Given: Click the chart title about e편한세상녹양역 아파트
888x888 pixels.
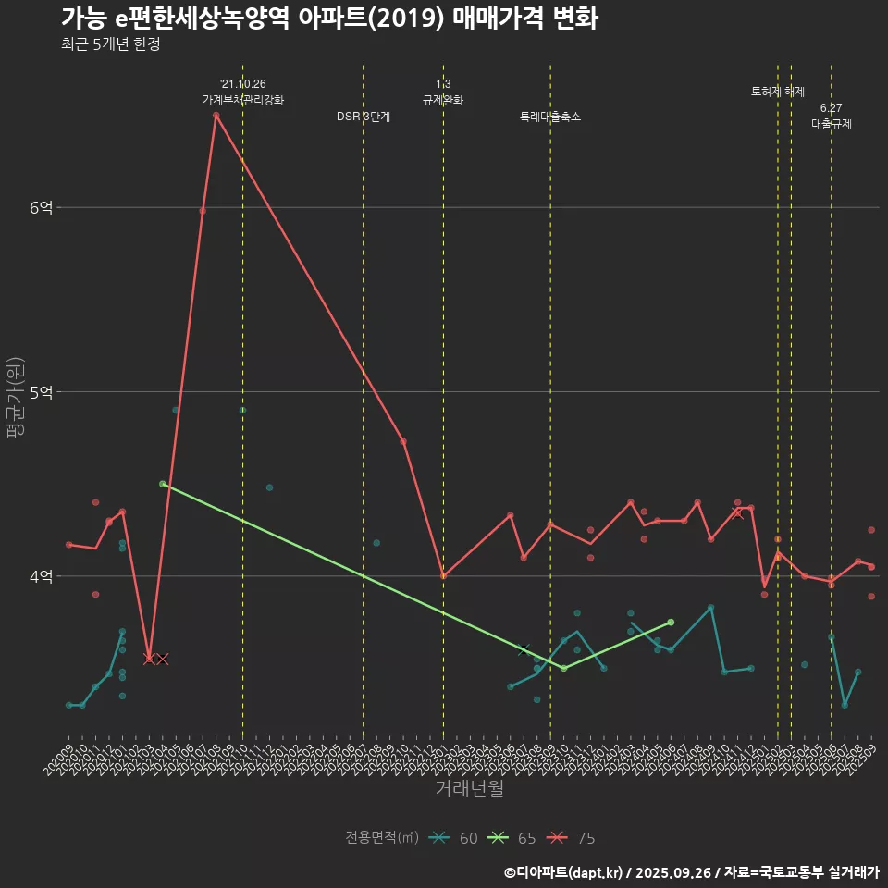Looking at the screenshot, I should (x=329, y=19).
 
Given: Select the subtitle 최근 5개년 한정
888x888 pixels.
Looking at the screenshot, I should (x=111, y=44).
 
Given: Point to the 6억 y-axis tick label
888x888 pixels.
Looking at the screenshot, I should (x=41, y=208).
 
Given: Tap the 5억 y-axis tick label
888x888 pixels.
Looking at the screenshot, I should (x=41, y=392).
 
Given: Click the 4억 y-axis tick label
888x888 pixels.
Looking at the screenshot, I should (x=41, y=576).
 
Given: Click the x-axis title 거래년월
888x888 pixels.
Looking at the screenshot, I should (x=470, y=789).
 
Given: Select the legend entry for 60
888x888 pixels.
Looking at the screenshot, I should (x=455, y=838).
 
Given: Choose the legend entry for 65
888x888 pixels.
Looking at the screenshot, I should (x=513, y=838).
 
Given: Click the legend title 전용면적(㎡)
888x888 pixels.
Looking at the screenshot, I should (x=382, y=838).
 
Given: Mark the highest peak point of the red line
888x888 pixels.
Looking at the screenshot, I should (x=216, y=116).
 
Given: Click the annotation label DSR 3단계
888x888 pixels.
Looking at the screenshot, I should (x=364, y=117).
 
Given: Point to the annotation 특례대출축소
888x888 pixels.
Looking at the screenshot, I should (x=550, y=117).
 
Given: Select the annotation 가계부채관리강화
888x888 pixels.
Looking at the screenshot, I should (x=243, y=100).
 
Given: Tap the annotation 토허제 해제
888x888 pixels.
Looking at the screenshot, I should (x=778, y=92).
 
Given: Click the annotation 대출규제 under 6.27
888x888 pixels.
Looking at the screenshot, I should (x=832, y=124).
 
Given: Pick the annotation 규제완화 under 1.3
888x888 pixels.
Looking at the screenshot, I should (x=443, y=100).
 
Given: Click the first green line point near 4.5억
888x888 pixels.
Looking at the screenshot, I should (x=163, y=484).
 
